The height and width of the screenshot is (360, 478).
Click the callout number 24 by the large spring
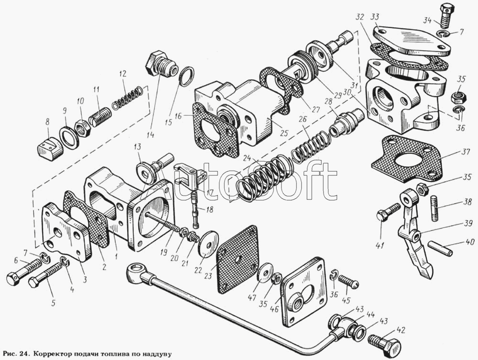(247, 159)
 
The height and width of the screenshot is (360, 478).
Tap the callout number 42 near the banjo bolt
(402, 330)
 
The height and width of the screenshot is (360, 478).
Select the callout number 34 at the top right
(428, 21)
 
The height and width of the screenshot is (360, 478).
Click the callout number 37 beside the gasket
(466, 152)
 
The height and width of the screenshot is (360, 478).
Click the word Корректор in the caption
(51, 354)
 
